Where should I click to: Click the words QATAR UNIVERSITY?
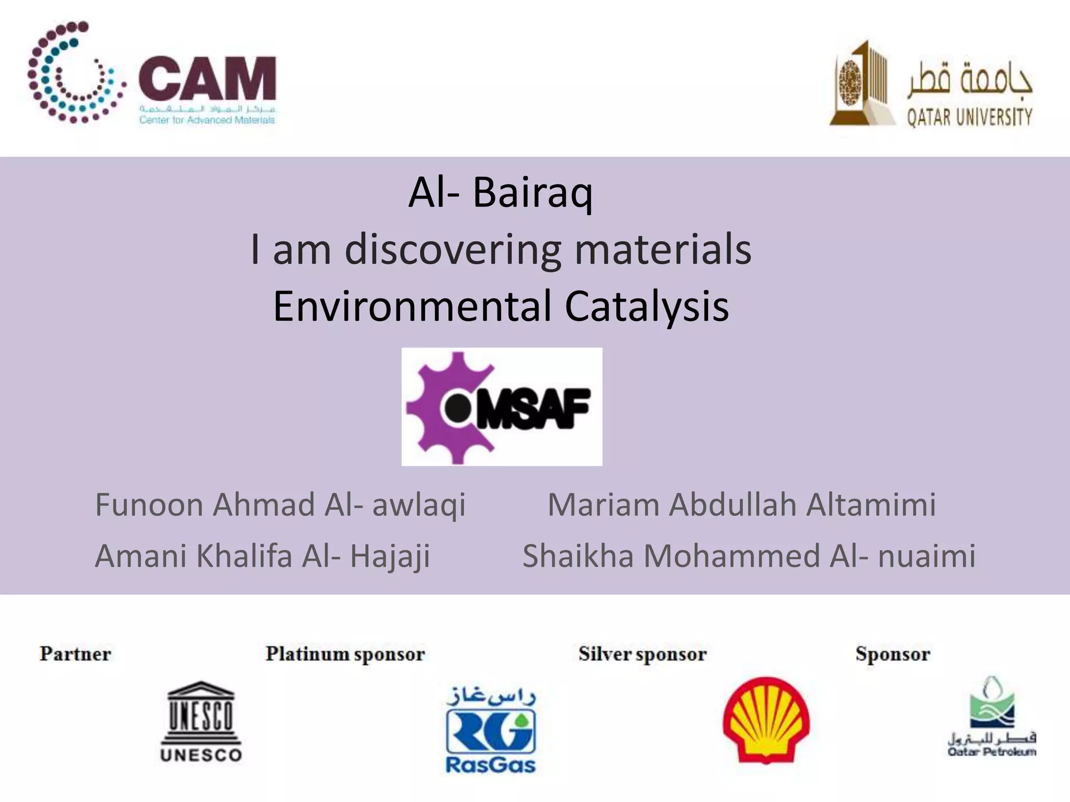pyautogui.click(x=969, y=117)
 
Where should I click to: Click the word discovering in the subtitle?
pyautogui.click(x=452, y=250)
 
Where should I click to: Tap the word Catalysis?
pyautogui.click(x=646, y=306)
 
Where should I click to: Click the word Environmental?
pyautogui.click(x=412, y=306)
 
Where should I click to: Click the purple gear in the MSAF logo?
pyautogui.click(x=444, y=407)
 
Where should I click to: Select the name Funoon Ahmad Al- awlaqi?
pyautogui.click(x=280, y=505)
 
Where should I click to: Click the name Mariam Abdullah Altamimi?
pyautogui.click(x=741, y=505)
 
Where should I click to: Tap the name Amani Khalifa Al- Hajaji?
pyautogui.click(x=262, y=556)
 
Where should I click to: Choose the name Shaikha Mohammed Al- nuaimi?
pyautogui.click(x=749, y=556)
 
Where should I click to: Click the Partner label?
pyautogui.click(x=75, y=654)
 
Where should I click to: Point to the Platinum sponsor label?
pyautogui.click(x=345, y=654)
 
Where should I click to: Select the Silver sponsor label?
pyautogui.click(x=642, y=654)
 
